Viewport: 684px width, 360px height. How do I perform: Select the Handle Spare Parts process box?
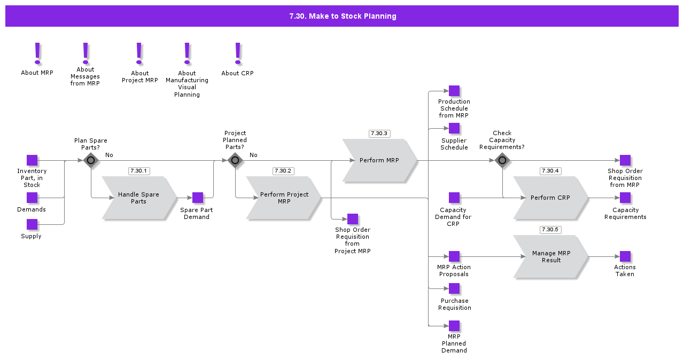[138, 198]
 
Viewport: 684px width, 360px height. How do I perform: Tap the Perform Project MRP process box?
[284, 198]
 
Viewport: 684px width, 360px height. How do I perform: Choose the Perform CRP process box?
[550, 198]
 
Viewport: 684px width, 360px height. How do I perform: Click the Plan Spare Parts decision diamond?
[91, 160]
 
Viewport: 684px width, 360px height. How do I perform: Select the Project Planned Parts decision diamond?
[235, 160]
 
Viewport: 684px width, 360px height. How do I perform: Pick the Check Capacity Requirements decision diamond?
[502, 160]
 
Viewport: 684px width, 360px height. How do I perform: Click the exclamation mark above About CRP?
[238, 54]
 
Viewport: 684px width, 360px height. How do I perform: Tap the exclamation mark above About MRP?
[37, 54]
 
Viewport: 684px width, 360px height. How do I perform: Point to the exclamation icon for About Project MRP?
[139, 54]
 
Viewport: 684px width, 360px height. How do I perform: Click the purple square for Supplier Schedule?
[454, 128]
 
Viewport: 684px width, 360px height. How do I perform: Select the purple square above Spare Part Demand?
[198, 198]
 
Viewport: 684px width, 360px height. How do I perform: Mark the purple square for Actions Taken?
[625, 256]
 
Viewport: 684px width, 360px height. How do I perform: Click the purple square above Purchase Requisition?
[454, 288]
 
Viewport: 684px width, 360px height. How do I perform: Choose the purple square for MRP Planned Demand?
[454, 326]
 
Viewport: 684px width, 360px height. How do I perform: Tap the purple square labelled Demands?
[32, 198]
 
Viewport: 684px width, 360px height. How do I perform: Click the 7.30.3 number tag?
[379, 134]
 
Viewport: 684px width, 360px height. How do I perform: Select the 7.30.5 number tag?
[550, 230]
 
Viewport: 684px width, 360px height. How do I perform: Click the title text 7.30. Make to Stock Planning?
[343, 16]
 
